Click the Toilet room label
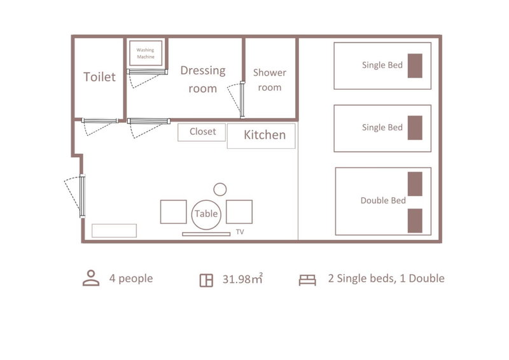pyautogui.click(x=99, y=77)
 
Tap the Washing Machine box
pyautogui.click(x=146, y=53)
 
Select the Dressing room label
pyautogui.click(x=203, y=80)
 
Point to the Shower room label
pyautogui.click(x=270, y=80)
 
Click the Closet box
pyautogui.click(x=202, y=132)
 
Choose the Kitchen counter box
pyautogui.click(x=261, y=135)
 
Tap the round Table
pyautogui.click(x=206, y=214)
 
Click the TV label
pyautogui.click(x=240, y=232)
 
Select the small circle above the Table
pyautogui.click(x=220, y=190)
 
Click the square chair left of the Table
pyautogui.click(x=173, y=212)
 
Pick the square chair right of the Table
pyautogui.click(x=239, y=212)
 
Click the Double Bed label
pyautogui.click(x=383, y=200)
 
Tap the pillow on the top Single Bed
pyautogui.click(x=415, y=66)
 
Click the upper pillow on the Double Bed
pyautogui.click(x=415, y=184)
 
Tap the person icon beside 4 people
pyautogui.click(x=91, y=278)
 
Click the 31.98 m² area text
pyautogui.click(x=242, y=279)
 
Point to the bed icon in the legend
pyautogui.click(x=307, y=280)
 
